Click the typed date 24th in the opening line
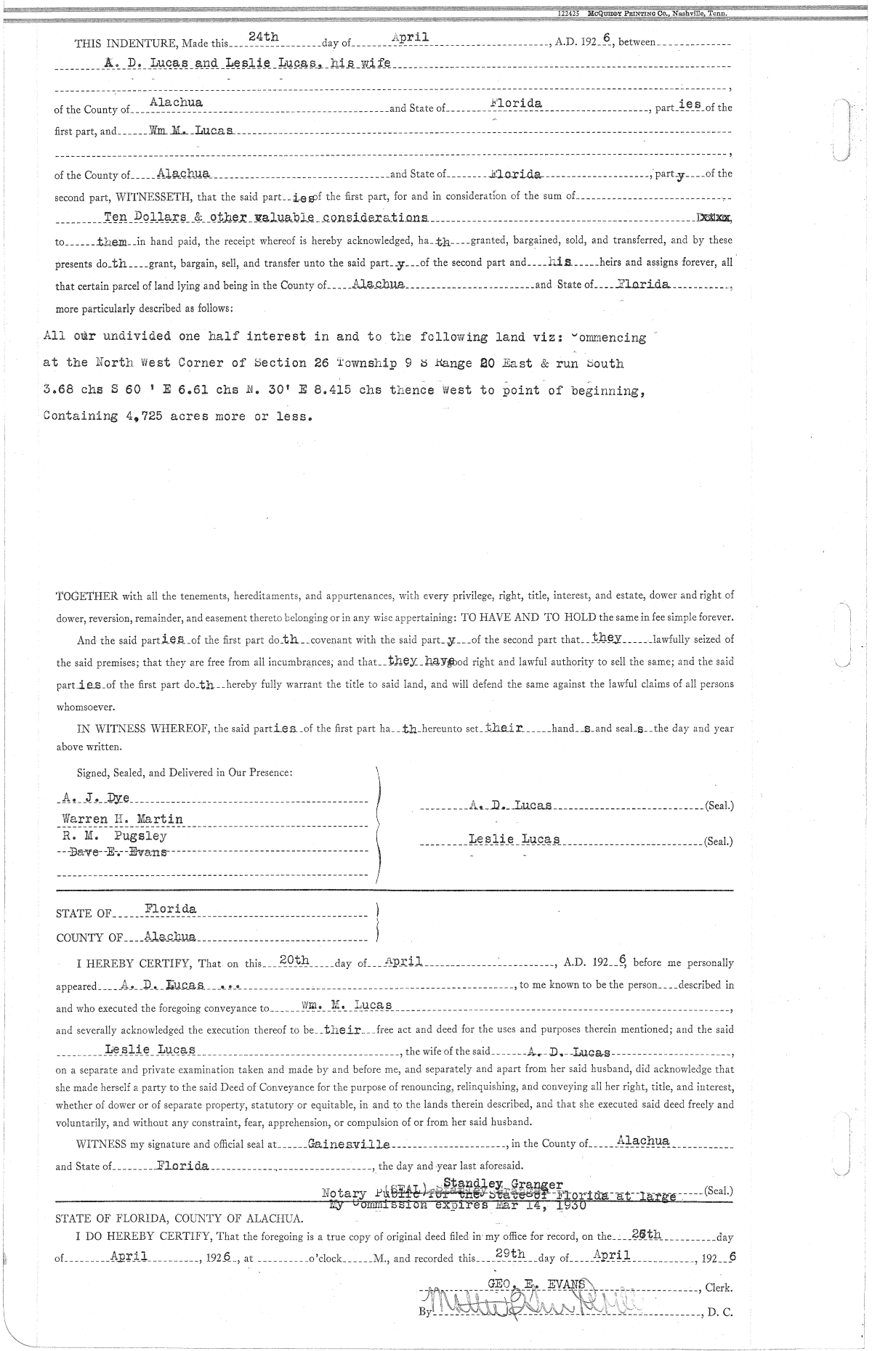259,36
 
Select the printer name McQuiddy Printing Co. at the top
643,14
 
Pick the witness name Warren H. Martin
122,819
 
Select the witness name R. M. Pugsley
115,835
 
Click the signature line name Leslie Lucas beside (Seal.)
514,839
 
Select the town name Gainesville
349,1144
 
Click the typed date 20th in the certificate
295,960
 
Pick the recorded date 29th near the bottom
509,1254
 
